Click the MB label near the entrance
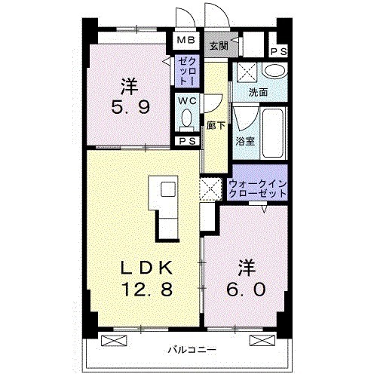(x=185, y=40)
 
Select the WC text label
(x=186, y=100)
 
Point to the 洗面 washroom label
(x=259, y=93)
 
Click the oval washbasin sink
(x=275, y=72)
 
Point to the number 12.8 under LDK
(x=143, y=288)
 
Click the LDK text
(x=143, y=267)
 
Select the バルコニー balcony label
(x=192, y=350)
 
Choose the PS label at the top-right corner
(x=277, y=51)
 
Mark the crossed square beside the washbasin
(x=246, y=72)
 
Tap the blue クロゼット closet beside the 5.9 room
(x=186, y=70)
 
